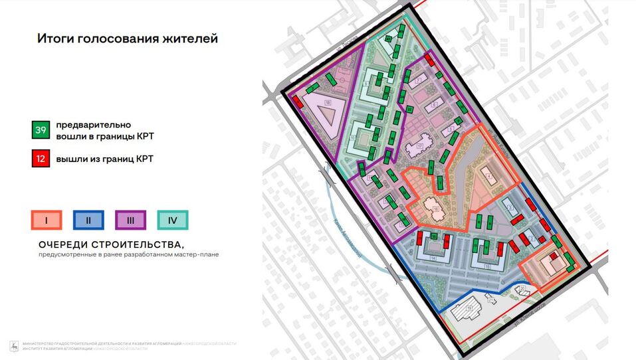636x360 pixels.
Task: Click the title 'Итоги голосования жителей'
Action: coord(127,39)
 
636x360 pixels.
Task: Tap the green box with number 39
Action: coord(41,130)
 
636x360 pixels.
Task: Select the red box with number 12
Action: coord(41,159)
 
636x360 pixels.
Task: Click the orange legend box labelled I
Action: coord(46,220)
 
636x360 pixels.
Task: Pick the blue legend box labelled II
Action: coord(88,220)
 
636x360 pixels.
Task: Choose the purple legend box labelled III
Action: coord(131,220)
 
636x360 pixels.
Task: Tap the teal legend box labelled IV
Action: coord(173,220)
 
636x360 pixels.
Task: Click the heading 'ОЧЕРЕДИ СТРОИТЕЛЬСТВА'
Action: coord(110,244)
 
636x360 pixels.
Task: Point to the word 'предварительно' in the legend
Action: coord(93,125)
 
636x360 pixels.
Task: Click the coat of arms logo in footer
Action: coord(13,346)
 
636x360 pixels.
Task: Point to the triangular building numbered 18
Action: coord(324,110)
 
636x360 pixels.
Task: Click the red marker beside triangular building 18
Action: coord(296,102)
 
